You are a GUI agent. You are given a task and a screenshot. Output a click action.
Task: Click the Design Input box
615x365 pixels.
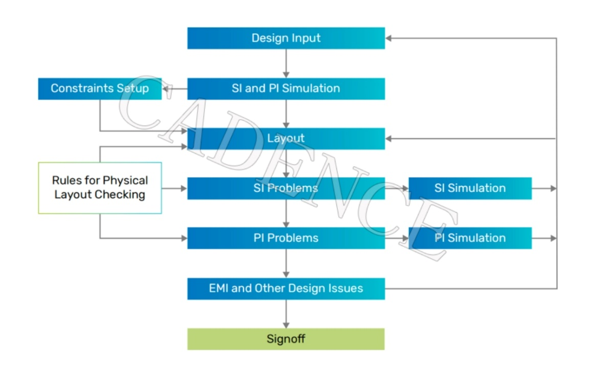(x=286, y=38)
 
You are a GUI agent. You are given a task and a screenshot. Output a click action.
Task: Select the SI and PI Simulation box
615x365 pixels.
(x=286, y=88)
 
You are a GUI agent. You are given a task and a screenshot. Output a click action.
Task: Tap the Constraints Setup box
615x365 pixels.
(x=100, y=88)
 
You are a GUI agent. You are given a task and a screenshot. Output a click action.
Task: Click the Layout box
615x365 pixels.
(x=286, y=139)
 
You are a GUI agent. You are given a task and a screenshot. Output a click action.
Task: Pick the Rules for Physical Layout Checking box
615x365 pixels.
(x=100, y=188)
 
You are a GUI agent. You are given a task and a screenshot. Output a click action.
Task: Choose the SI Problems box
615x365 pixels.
(x=286, y=188)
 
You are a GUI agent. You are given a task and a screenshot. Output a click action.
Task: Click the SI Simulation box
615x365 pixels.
(x=470, y=188)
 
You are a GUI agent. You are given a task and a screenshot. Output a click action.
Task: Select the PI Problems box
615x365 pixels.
(x=286, y=238)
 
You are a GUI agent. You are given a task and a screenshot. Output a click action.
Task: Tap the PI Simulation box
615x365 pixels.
(x=470, y=238)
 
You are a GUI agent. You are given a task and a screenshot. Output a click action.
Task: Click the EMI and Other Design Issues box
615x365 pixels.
(x=286, y=288)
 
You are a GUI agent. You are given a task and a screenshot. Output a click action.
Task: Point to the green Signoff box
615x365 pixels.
(x=286, y=339)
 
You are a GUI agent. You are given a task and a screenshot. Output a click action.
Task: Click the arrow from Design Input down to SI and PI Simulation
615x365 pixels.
(x=286, y=63)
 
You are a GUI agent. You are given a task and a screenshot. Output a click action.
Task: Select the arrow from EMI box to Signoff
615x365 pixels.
(x=286, y=313)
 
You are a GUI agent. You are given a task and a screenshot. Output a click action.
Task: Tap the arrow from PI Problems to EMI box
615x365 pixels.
(x=286, y=263)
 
